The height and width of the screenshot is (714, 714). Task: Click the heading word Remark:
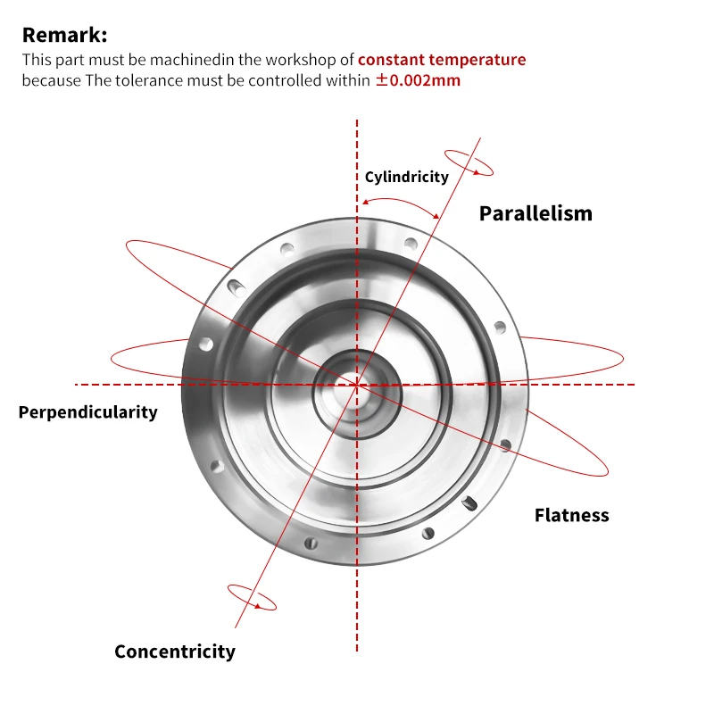click(x=64, y=36)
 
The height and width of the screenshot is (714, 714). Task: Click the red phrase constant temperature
click(x=442, y=60)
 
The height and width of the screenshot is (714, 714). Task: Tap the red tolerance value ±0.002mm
click(x=418, y=80)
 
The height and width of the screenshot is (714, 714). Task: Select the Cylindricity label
click(x=406, y=177)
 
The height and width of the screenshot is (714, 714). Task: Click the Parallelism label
click(x=535, y=213)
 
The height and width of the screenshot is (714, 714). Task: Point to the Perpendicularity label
click(x=87, y=412)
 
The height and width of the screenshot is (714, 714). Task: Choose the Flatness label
click(x=571, y=515)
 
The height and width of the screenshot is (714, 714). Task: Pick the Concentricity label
click(x=175, y=652)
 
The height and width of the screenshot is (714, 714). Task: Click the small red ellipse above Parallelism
click(x=469, y=162)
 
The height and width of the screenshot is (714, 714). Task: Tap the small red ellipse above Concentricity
click(x=252, y=597)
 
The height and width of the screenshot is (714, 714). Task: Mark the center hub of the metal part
click(x=356, y=385)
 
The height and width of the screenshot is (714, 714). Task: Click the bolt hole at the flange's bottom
click(x=311, y=543)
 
